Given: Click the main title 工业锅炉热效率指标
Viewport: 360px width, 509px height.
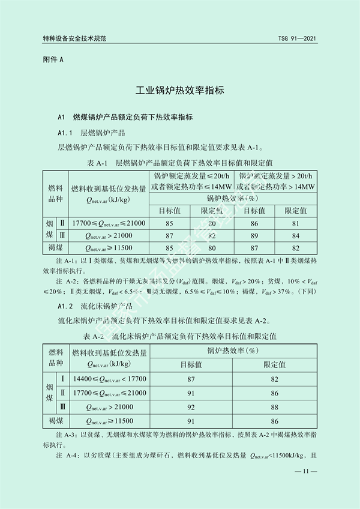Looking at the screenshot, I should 179,91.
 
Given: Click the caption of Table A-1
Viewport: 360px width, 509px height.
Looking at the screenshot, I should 180,162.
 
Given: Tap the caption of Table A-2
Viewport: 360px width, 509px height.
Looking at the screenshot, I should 180,335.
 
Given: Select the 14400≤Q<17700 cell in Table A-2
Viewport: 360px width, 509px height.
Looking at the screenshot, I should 109,379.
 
